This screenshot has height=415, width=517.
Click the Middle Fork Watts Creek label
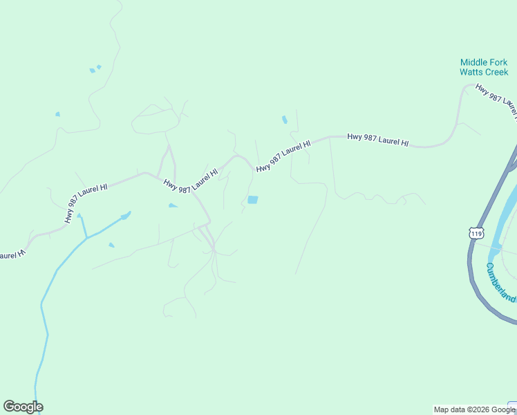pyautogui.click(x=484, y=67)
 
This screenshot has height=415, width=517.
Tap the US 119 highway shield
pyautogui.click(x=476, y=233)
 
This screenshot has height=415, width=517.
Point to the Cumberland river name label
pyautogui.click(x=499, y=282)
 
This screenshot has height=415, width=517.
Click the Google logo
pyautogui.click(x=23, y=407)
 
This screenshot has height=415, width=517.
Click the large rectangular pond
pyautogui.click(x=252, y=200)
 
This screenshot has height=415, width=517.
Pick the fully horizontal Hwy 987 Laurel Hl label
pyautogui.click(x=377, y=140)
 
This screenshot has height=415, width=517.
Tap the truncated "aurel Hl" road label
pyautogui.click(x=12, y=255)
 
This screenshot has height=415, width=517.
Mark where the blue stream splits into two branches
pyautogui.click(x=86, y=238)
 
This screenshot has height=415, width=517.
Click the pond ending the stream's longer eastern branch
pyautogui.click(x=126, y=216)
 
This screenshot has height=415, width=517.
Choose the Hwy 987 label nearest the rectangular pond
pyautogui.click(x=283, y=156)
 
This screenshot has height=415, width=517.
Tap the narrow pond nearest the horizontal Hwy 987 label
pyautogui.click(x=284, y=120)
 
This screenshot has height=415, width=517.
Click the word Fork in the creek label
pyautogui.click(x=499, y=62)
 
